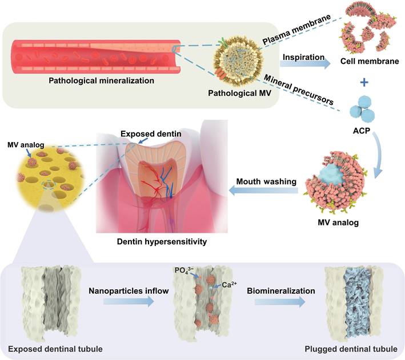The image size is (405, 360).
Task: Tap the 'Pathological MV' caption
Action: [232, 92]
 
